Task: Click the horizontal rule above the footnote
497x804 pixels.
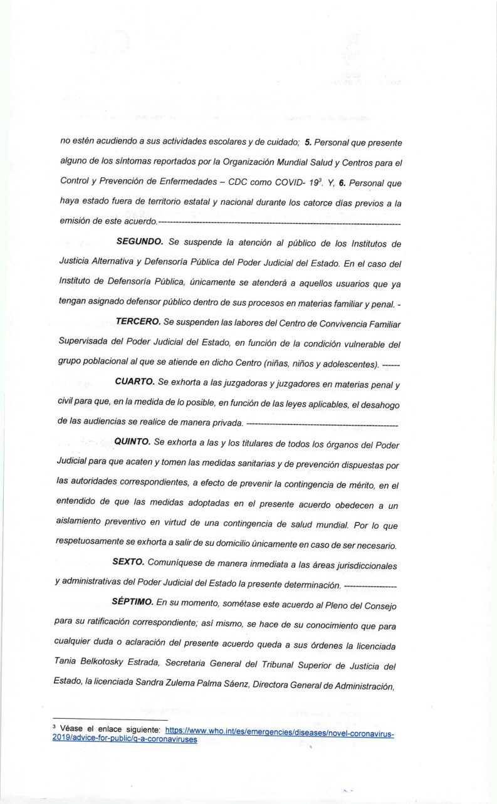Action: [100, 719]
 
